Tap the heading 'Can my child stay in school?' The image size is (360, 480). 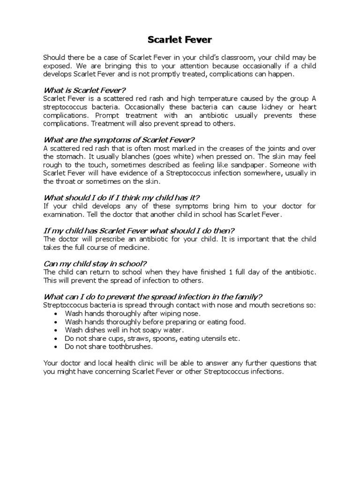point(98,263)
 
